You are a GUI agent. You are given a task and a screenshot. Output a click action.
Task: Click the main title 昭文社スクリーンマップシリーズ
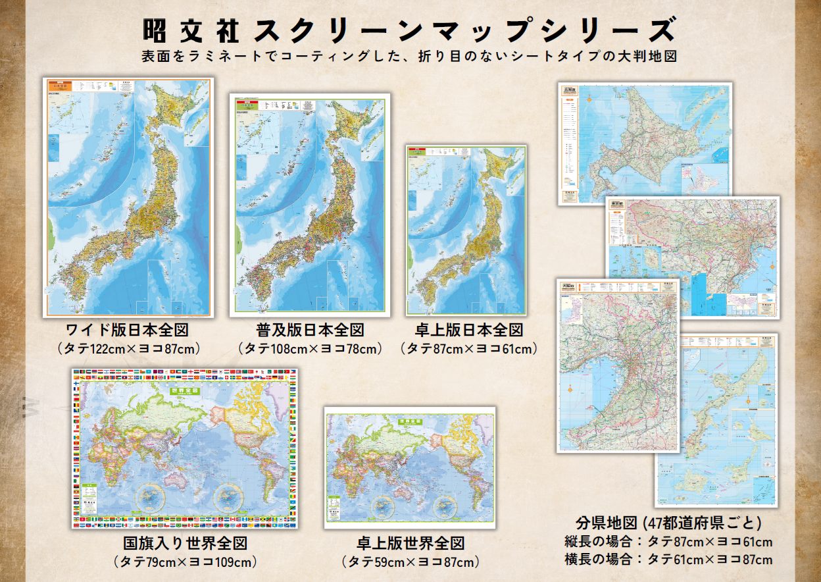[409, 30]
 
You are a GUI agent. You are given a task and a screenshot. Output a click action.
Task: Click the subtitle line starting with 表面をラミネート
[409, 57]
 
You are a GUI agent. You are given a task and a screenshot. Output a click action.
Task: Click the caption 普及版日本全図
[310, 329]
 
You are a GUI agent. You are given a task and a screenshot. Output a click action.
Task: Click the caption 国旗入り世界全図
[185, 544]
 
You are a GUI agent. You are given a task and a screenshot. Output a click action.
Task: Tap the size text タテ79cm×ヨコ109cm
[185, 562]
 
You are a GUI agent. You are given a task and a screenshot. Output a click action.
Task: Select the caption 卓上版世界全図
[410, 544]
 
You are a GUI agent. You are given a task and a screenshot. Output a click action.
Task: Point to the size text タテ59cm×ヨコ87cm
[410, 562]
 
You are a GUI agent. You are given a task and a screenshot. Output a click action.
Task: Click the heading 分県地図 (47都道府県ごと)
[668, 523]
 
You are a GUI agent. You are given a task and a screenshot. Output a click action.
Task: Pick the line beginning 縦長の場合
[668, 542]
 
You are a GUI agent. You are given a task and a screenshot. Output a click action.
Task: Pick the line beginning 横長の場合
[668, 560]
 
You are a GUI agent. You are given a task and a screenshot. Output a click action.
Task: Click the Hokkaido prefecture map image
[645, 138]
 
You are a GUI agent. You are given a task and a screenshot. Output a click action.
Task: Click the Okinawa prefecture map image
[730, 428]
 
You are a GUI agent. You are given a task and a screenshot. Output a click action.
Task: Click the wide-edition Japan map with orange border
[128, 198]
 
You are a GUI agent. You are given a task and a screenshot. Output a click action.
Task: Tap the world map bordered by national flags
[185, 448]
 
